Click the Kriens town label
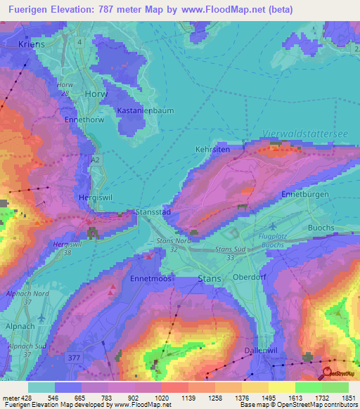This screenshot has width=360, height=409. point(30,44)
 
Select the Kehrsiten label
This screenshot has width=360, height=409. point(212,150)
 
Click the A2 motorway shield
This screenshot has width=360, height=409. point(95,160)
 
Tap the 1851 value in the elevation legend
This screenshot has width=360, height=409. point(347,398)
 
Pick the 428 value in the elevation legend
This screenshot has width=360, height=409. point(22,398)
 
